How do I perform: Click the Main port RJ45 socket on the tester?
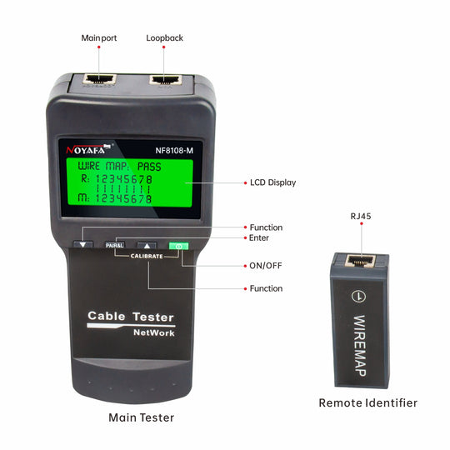click(x=99, y=79)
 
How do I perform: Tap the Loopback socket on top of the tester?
click(x=166, y=79)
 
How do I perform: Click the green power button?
click(x=178, y=246)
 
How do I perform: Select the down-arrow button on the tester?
click(x=83, y=244)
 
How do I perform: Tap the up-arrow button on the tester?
click(x=147, y=246)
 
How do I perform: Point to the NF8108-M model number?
click(x=174, y=151)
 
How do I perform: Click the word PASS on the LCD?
click(x=149, y=167)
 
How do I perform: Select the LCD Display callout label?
click(x=273, y=182)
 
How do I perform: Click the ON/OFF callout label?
click(x=266, y=266)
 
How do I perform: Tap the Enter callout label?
click(x=259, y=237)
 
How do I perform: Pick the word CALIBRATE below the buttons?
click(x=147, y=256)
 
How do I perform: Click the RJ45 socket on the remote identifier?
click(x=360, y=261)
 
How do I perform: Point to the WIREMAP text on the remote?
click(x=360, y=346)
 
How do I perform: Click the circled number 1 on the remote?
click(x=358, y=296)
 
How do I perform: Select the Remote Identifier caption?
click(x=368, y=403)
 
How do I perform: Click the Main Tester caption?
click(x=141, y=417)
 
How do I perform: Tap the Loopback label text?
click(x=164, y=38)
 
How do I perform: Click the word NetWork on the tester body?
click(x=154, y=332)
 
